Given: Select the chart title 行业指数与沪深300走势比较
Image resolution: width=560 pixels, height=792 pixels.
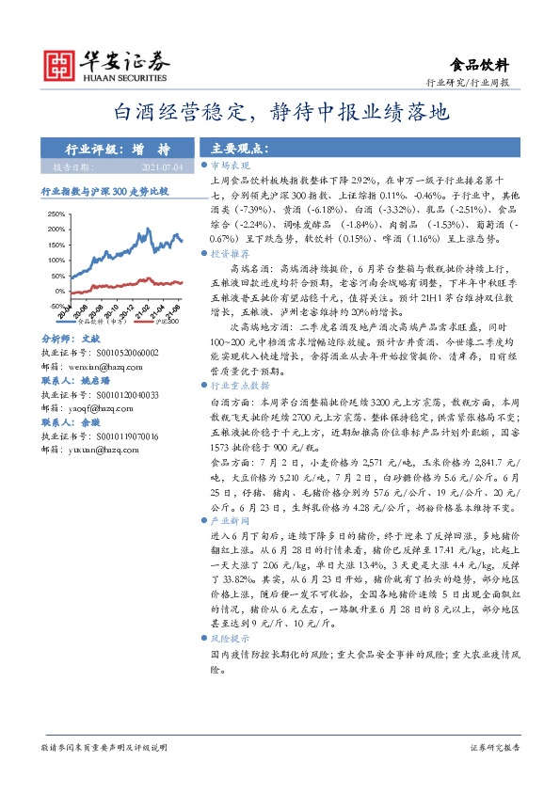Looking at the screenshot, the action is (x=104, y=189).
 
